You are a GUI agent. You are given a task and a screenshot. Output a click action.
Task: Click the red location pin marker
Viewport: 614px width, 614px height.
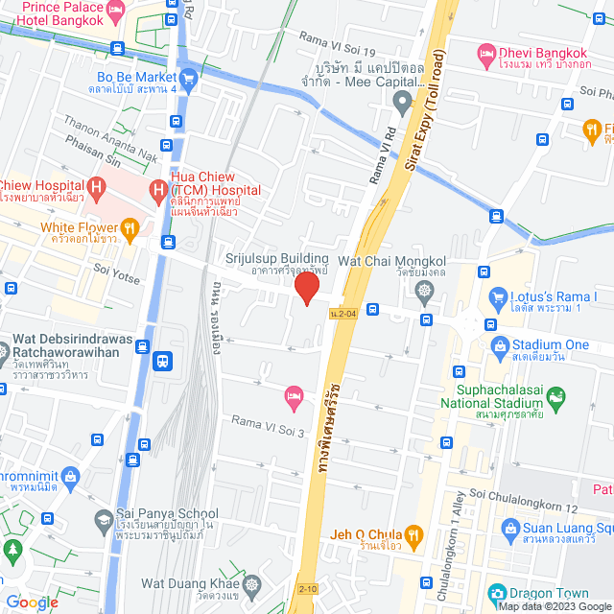tap(306, 288)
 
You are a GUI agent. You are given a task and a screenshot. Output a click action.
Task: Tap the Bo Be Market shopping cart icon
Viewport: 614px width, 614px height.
tap(188, 78)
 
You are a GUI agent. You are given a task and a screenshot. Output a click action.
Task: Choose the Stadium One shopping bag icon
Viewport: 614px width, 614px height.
tap(498, 345)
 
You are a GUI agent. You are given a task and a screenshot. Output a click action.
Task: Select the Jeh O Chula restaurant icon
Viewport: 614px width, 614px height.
tap(413, 534)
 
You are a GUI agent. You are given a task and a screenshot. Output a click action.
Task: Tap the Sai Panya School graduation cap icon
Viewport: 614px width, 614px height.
tap(102, 519)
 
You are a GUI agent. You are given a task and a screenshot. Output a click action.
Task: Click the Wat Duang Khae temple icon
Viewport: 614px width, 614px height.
tap(251, 583)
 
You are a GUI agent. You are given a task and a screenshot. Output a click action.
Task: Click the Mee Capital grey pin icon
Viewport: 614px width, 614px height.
tap(404, 100)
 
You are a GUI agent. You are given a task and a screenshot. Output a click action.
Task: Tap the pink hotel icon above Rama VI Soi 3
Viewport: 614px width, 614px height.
tap(295, 395)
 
